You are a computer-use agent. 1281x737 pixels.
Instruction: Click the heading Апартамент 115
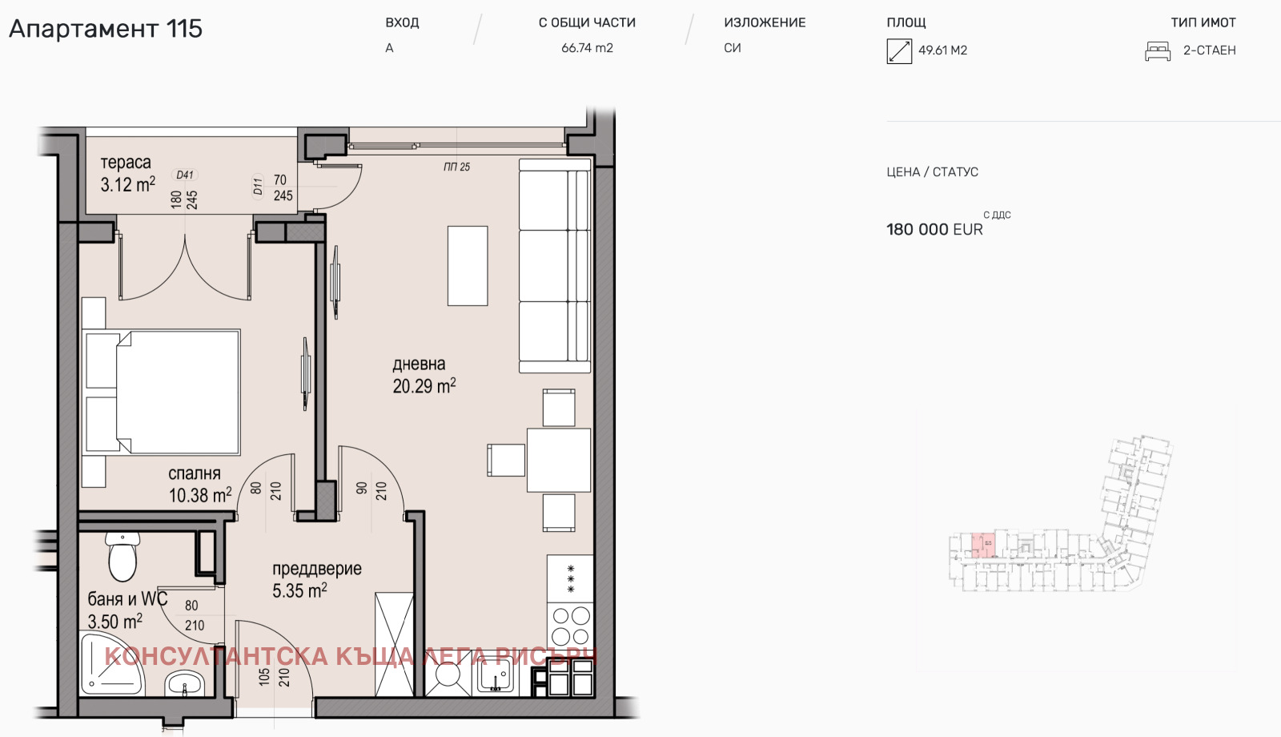pos(105,29)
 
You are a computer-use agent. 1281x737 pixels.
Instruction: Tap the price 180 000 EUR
pos(934,230)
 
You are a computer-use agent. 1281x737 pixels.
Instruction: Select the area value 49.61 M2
pos(942,50)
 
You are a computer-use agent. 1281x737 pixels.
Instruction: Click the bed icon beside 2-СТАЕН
pos(1158,51)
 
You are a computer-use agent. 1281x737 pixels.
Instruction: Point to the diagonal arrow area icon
pos(899,51)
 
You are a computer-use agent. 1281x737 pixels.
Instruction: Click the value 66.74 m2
pos(587,48)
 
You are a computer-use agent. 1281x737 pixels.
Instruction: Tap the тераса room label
pos(126,163)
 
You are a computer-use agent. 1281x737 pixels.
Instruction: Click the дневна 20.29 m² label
pos(424,375)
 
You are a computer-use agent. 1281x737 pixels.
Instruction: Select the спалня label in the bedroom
pos(195,473)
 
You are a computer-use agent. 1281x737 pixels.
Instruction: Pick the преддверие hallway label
pos(316,569)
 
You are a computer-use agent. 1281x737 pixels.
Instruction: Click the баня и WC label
pos(127,599)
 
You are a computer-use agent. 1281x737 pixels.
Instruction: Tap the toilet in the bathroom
pos(122,556)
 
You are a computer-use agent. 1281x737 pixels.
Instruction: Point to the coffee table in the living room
pos(468,265)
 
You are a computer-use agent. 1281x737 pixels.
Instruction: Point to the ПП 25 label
pos(456,167)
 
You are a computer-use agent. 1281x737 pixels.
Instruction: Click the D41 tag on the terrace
pos(185,175)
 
